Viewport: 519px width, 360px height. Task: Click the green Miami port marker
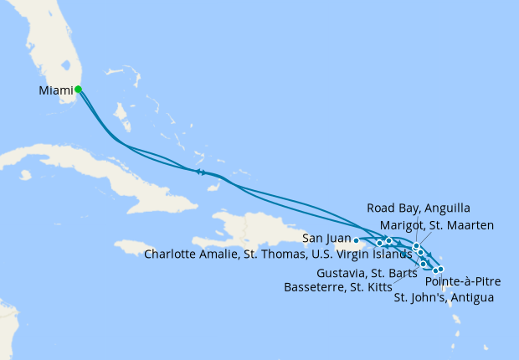tap(78, 89)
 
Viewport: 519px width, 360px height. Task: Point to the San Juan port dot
tap(357, 240)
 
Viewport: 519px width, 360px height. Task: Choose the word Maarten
tap(470, 225)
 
